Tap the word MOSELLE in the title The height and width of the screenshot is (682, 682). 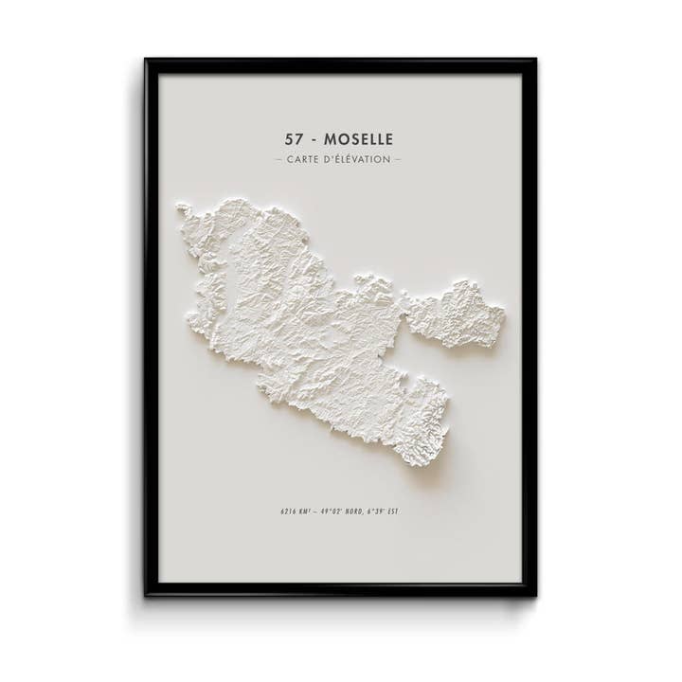coord(358,139)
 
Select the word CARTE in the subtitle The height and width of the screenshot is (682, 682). coord(301,159)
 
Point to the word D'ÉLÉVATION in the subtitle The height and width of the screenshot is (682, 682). coord(355,159)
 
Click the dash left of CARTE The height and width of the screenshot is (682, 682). coord(278,159)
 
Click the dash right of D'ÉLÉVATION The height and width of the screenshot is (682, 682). coord(397,159)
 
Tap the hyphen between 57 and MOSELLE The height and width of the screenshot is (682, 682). coord(314,140)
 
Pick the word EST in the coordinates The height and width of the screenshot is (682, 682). coord(391,511)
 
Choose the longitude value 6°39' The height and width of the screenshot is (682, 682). coord(374,511)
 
